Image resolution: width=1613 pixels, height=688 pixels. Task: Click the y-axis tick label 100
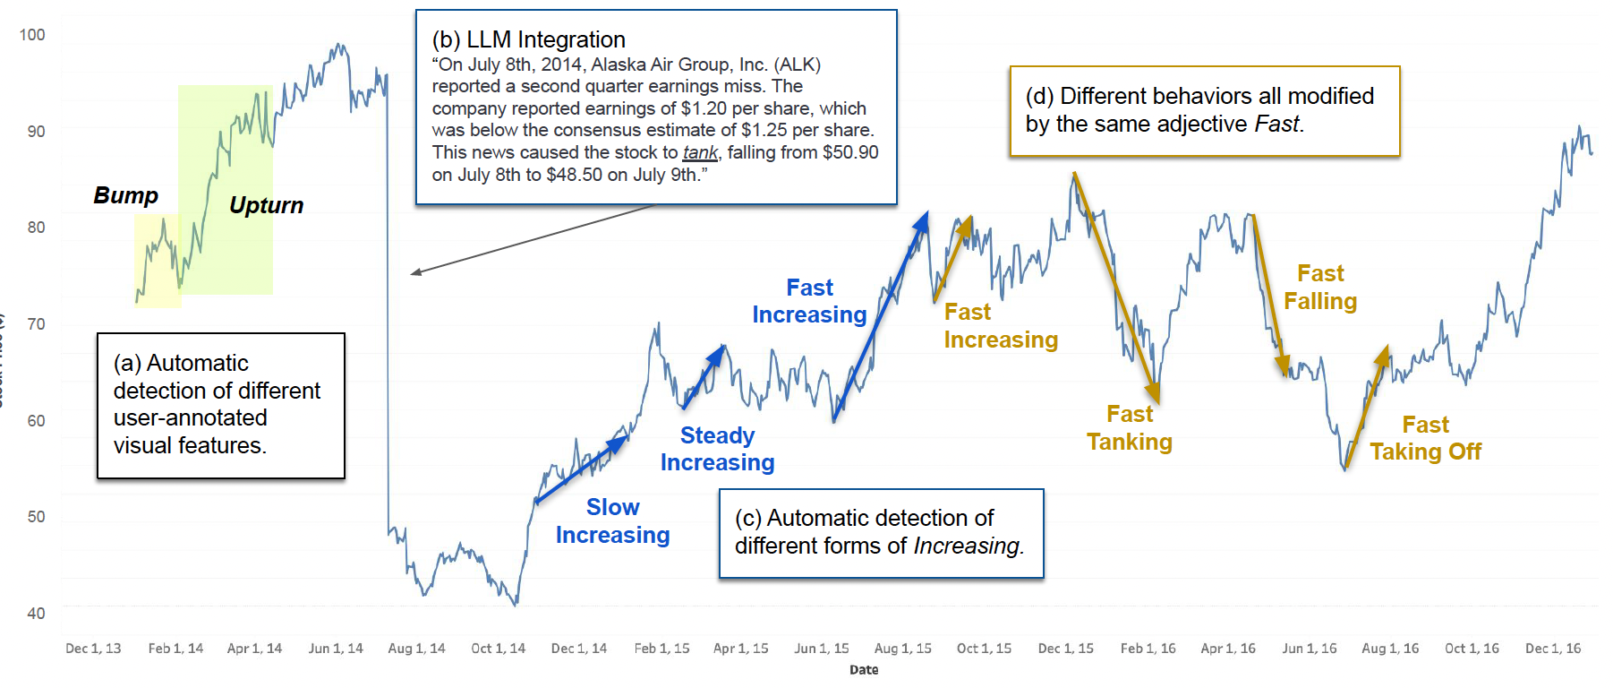tap(31, 35)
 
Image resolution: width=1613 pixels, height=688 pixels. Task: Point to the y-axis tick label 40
tap(36, 614)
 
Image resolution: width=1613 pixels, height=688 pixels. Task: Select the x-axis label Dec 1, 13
tap(93, 649)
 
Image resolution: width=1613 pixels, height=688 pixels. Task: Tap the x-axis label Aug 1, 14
tap(416, 649)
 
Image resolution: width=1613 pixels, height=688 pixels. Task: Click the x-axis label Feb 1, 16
tap(1148, 649)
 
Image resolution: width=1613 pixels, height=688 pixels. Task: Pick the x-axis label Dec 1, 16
tap(1553, 649)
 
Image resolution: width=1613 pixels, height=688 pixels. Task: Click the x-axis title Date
tap(864, 670)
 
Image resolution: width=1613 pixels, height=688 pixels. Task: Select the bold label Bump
tap(126, 196)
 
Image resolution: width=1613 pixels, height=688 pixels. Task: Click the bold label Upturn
tap(266, 206)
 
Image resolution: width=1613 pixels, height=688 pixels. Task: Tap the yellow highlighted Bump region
tap(158, 261)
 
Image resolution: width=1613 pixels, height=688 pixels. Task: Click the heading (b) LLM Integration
tap(529, 40)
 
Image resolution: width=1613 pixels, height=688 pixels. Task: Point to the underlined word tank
tap(700, 153)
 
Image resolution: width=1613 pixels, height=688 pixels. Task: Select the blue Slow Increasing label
tap(613, 521)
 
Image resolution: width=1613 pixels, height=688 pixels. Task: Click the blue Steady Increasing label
tap(718, 449)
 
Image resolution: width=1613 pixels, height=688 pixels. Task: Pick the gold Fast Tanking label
tap(1130, 428)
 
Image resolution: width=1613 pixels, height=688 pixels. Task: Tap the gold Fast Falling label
tap(1320, 288)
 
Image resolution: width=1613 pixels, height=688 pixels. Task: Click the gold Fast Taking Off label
tap(1426, 438)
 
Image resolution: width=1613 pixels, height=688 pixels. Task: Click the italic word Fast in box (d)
tap(1276, 125)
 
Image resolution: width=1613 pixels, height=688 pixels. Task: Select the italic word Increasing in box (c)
tap(966, 546)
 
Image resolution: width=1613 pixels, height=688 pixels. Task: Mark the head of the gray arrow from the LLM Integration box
tap(412, 273)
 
